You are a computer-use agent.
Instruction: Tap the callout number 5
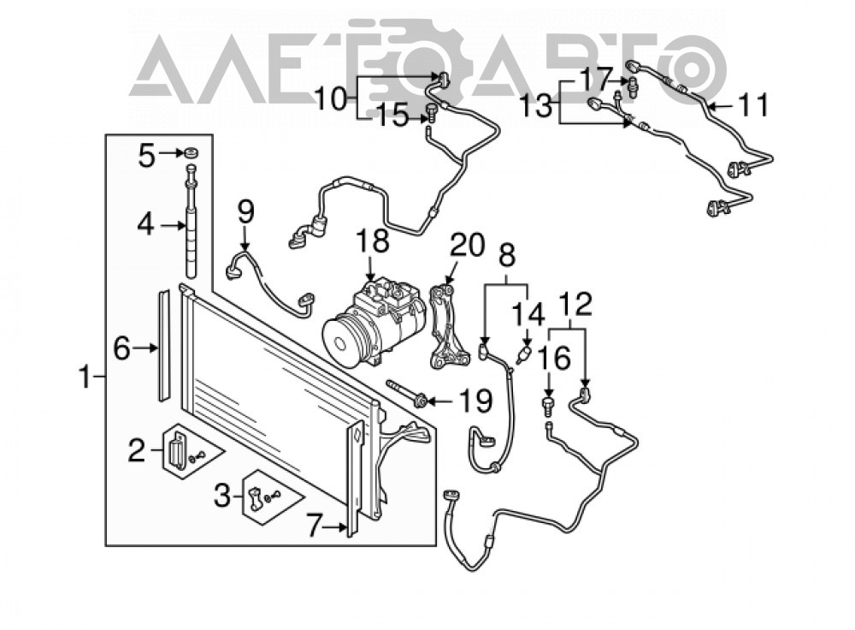click(146, 155)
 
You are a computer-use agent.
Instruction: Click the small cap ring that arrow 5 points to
click(191, 152)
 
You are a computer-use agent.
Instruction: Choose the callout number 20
click(468, 245)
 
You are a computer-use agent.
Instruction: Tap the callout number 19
click(475, 401)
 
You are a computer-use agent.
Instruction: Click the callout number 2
click(138, 450)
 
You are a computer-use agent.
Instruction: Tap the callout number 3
click(222, 496)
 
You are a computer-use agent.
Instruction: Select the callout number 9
click(245, 213)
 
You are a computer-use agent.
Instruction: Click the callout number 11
click(753, 104)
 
